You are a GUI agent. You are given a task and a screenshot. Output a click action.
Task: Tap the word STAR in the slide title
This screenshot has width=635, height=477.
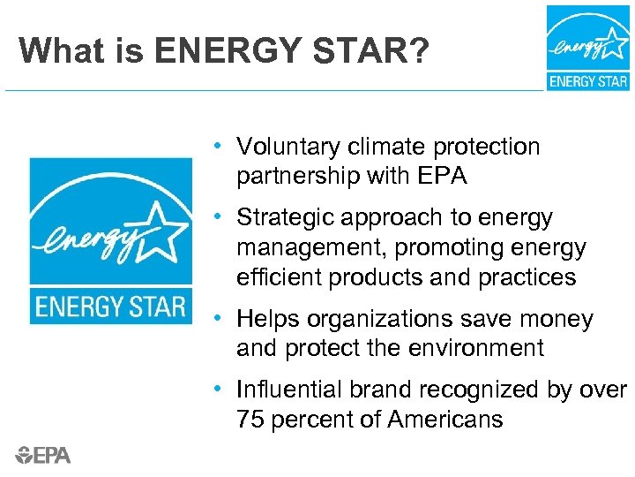point(356,50)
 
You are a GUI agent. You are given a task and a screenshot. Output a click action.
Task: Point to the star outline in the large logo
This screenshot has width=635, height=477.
point(161,229)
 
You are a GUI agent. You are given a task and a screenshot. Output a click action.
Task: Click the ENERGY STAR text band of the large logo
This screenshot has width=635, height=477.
point(110,307)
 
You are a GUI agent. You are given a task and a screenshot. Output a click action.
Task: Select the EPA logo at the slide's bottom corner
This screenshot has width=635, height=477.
point(43,455)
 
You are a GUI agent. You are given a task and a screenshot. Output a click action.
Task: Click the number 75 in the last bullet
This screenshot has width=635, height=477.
point(250,419)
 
